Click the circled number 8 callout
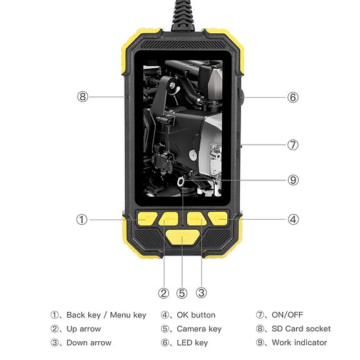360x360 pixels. [82, 97]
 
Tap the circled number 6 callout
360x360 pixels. [292, 97]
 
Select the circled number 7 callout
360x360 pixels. [292, 145]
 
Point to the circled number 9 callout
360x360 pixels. [292, 180]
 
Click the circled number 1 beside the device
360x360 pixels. [82, 220]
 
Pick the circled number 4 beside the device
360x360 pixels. [292, 220]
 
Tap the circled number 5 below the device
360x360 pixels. [182, 292]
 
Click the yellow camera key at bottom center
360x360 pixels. [182, 239]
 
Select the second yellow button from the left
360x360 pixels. [169, 219]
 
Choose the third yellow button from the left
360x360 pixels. [196, 219]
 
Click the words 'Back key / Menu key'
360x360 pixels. [106, 315]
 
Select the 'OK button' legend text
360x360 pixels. [196, 315]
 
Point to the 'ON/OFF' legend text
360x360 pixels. [287, 315]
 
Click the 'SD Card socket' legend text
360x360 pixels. [301, 329]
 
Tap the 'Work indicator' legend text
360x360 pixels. [299, 342]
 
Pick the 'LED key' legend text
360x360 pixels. [192, 342]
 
